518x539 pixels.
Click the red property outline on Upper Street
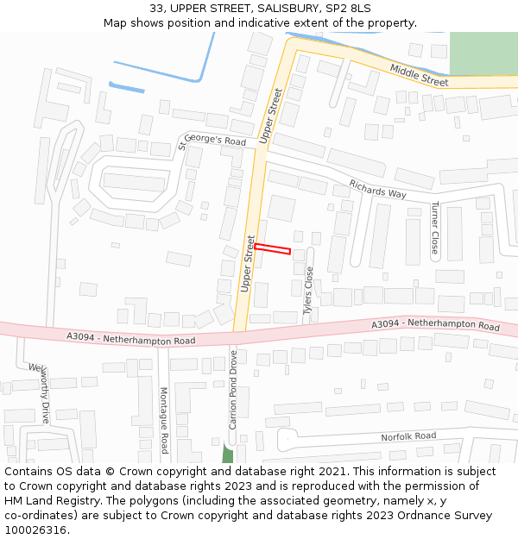[272, 249]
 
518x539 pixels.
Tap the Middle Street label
[419, 75]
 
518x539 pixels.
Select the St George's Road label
[212, 140]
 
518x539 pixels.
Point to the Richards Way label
[377, 188]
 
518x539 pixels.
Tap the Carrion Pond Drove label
[232, 389]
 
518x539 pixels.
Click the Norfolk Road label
[408, 437]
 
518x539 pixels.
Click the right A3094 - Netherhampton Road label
[435, 325]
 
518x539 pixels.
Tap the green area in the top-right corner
[483, 53]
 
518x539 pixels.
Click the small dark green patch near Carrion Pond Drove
[228, 454]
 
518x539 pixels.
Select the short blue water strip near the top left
[127, 86]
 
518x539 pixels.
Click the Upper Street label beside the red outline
[249, 263]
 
